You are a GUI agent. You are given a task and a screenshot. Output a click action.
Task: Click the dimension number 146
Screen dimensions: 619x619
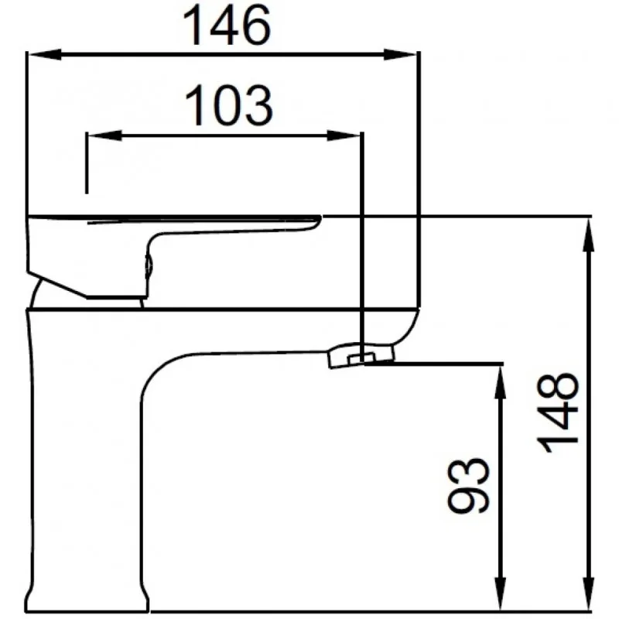point(227,26)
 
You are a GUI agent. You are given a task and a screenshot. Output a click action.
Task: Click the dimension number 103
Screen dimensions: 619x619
point(228,105)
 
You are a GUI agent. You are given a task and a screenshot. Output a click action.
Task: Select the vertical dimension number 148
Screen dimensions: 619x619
point(559,413)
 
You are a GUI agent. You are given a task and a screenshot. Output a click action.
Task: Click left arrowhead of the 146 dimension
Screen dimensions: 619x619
point(44,54)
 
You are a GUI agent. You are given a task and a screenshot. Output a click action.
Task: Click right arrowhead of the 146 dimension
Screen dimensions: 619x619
point(400,54)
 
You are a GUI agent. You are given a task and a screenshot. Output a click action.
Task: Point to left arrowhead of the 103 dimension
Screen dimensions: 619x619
point(104,136)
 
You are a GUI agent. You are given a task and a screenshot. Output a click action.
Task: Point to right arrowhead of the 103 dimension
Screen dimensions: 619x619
point(344,136)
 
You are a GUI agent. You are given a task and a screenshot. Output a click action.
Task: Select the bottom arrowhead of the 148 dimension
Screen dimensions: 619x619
point(589,593)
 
